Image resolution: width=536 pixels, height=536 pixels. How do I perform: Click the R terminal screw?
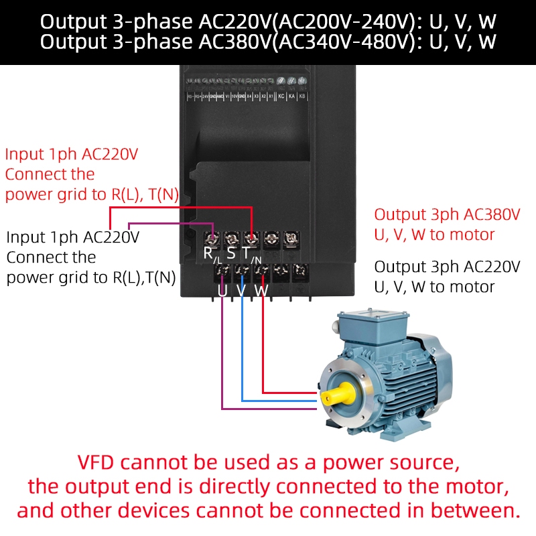point(212,238)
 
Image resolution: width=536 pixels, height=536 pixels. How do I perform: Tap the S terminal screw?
point(232,238)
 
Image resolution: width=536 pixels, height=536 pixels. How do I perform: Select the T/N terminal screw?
point(252,238)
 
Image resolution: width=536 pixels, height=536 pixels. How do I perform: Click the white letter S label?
point(231,254)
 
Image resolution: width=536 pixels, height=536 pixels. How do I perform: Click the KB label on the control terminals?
point(301,96)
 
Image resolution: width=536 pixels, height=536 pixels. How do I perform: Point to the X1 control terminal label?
point(271,96)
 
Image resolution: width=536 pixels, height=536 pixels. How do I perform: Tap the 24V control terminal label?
point(204,96)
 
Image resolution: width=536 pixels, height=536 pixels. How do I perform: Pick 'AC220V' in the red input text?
point(110,154)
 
